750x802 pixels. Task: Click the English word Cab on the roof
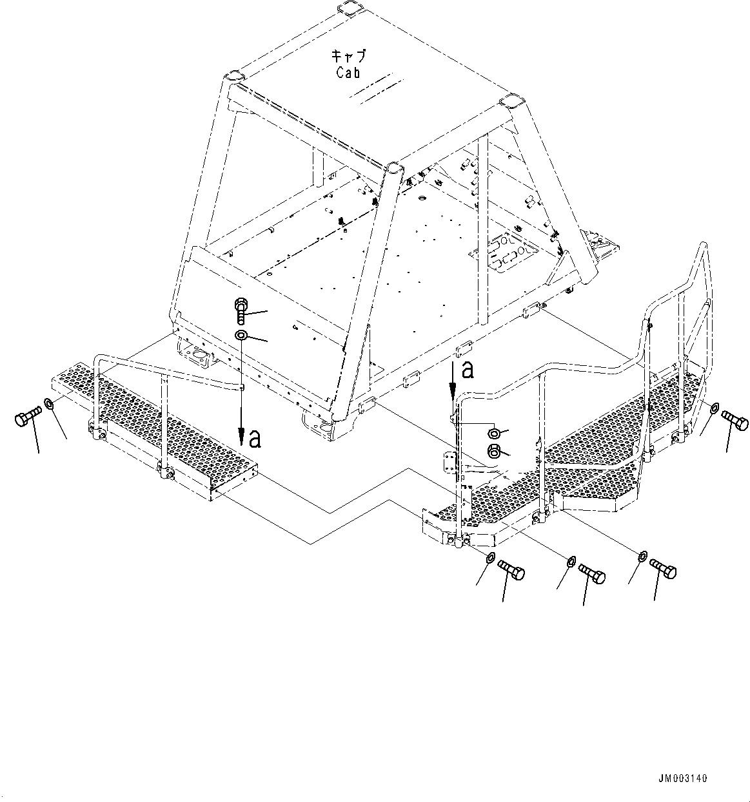(x=348, y=72)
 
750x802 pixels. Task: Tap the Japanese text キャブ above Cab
(x=348, y=56)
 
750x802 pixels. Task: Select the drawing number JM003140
(x=683, y=778)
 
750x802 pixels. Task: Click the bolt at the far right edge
(x=735, y=421)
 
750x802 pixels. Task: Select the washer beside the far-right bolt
(x=713, y=408)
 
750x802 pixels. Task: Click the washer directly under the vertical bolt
(x=241, y=336)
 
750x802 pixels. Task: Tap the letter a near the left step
(x=255, y=439)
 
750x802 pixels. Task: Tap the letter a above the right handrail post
(x=468, y=369)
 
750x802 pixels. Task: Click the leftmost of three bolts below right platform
(x=511, y=569)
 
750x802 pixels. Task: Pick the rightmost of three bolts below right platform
(x=664, y=568)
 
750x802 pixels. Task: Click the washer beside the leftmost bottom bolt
(x=490, y=557)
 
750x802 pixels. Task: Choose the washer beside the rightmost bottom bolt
(x=644, y=555)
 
